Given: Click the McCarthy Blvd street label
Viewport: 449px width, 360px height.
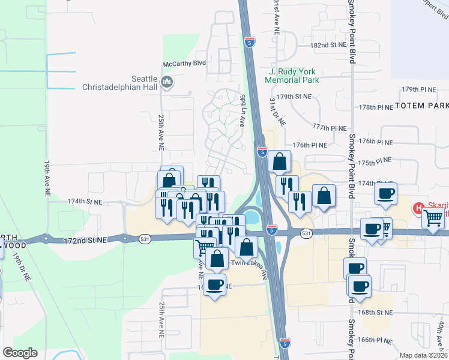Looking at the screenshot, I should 184,63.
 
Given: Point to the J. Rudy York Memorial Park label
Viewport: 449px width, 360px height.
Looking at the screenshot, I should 291,75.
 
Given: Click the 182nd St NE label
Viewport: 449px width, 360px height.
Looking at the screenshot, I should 328,45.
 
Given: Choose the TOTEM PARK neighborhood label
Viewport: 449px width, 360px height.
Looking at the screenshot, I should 421,106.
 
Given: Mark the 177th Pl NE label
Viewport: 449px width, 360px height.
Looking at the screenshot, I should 330,128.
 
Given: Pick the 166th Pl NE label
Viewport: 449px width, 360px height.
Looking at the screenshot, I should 374,340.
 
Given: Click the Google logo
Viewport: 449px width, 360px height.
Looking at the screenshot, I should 20,353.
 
